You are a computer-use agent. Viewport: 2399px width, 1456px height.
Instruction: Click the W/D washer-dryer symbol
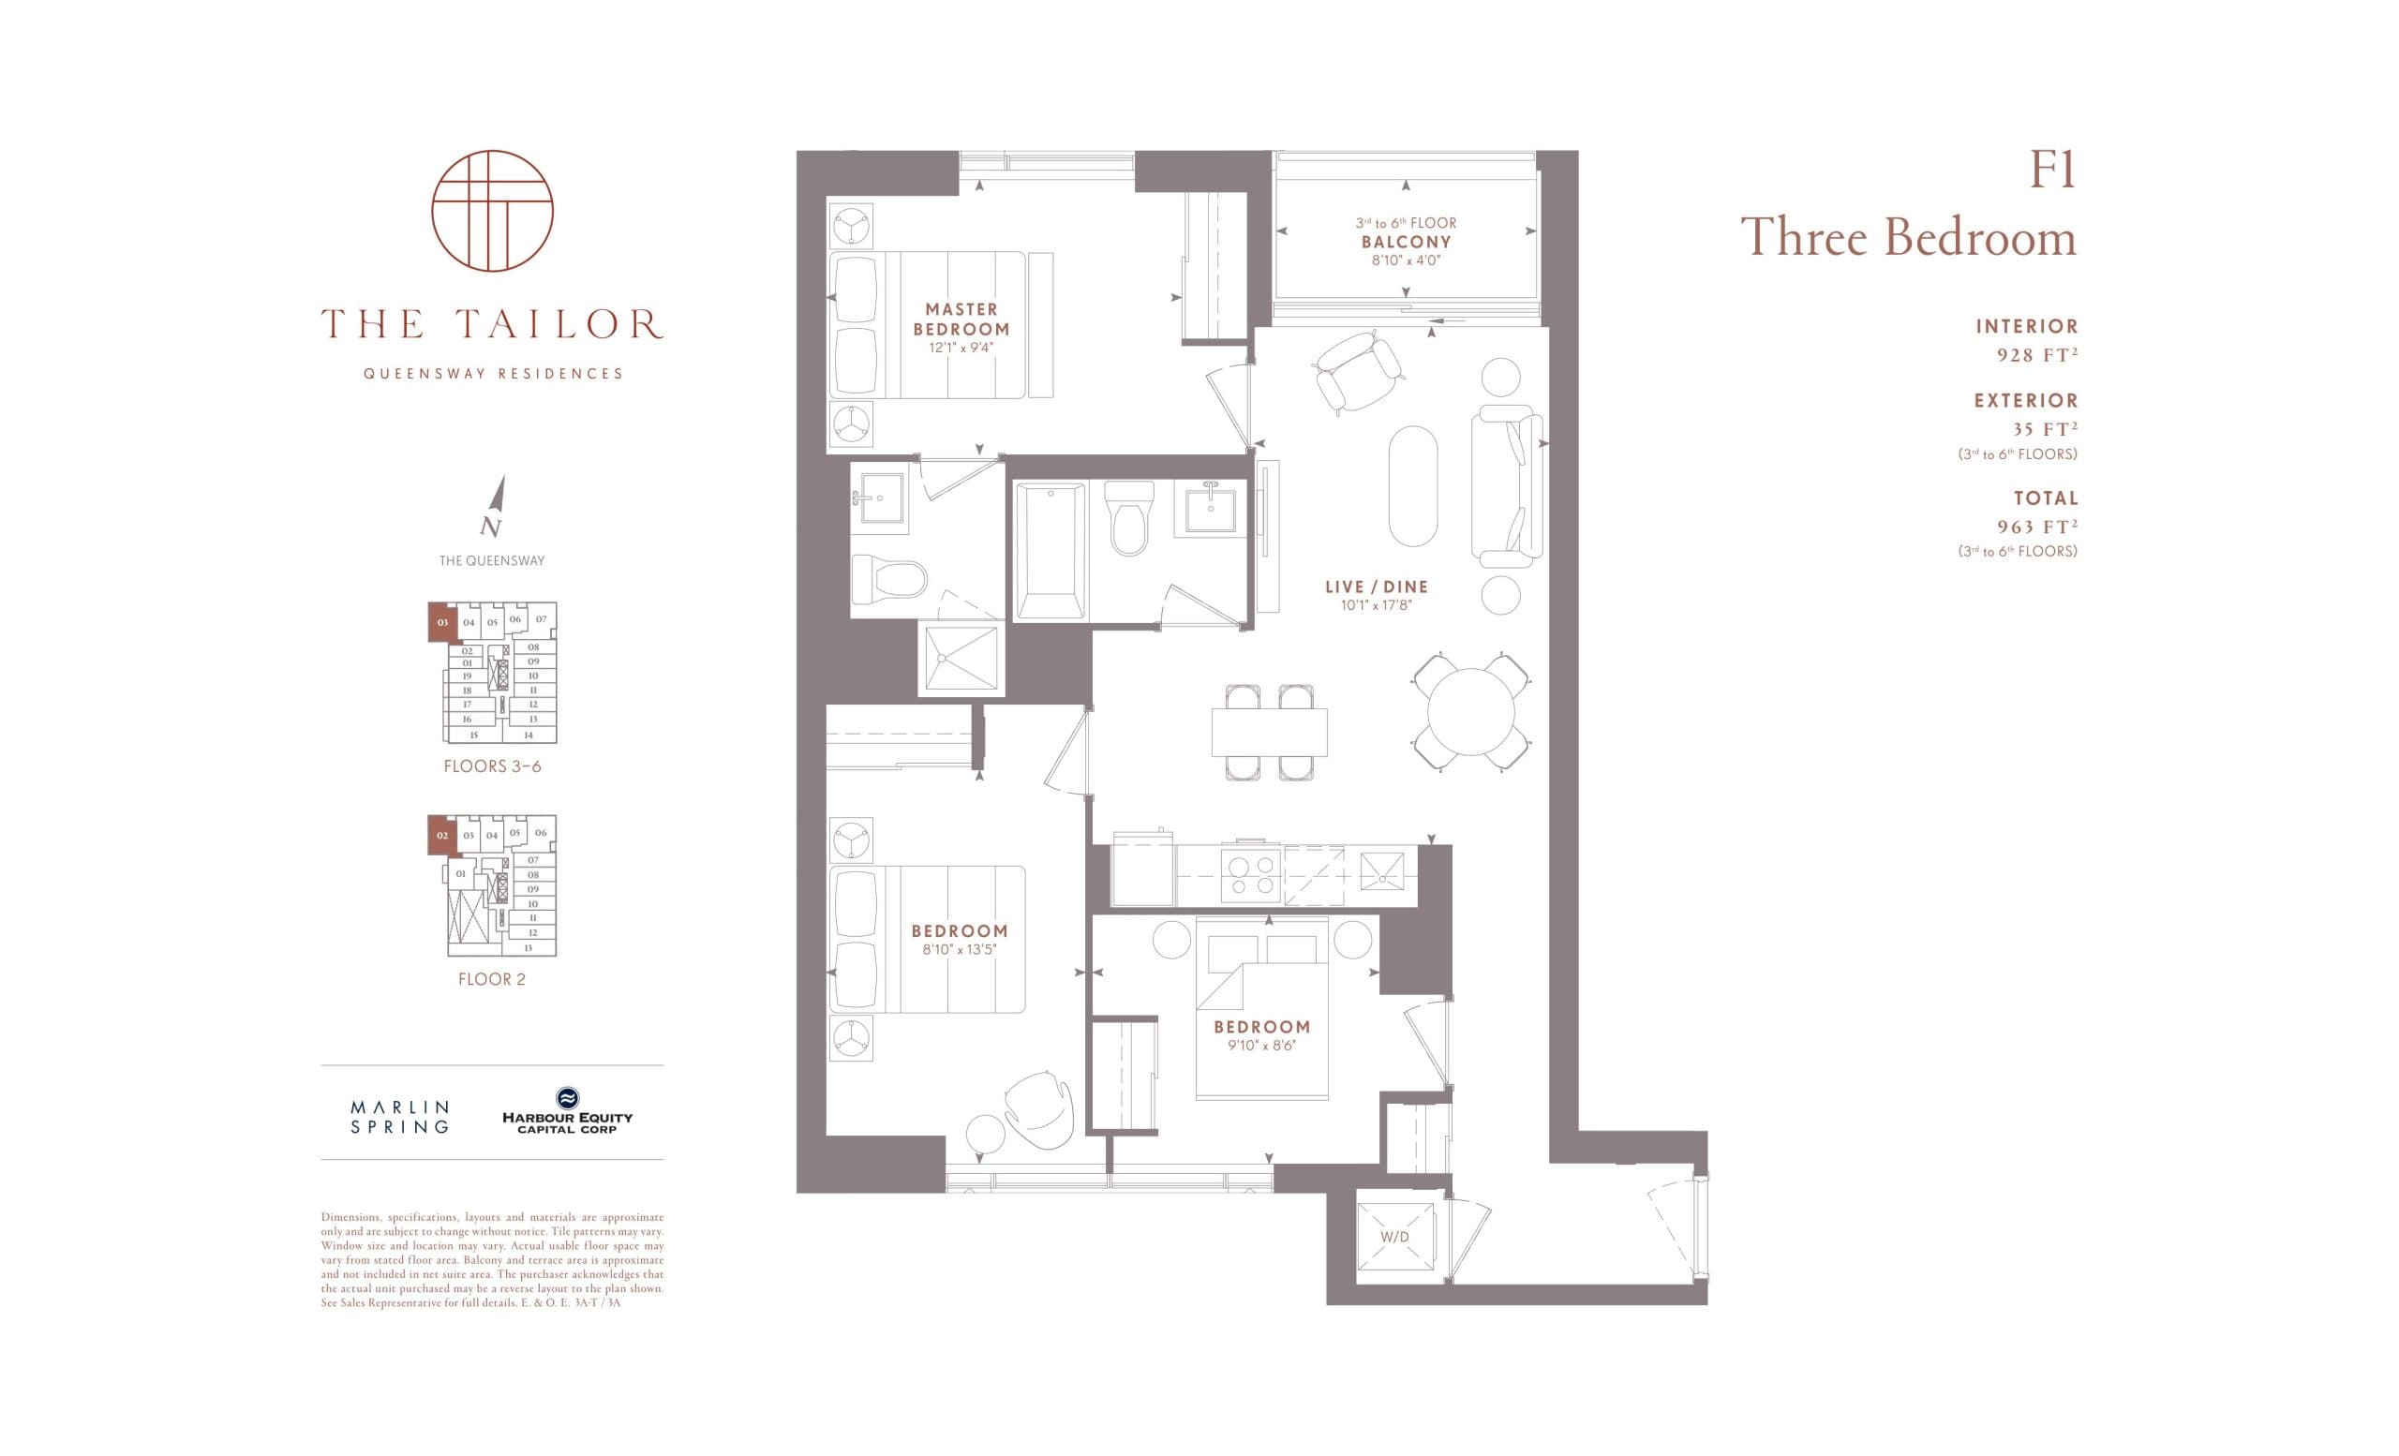1394,1236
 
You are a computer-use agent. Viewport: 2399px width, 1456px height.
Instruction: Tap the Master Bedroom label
961,319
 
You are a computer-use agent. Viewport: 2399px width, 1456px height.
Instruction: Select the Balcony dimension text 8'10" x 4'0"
1405,260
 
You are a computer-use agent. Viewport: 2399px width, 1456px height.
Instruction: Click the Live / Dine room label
1377,587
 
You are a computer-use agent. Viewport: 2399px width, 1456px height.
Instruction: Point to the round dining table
1470,711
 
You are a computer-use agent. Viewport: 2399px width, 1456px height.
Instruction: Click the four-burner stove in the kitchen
1250,874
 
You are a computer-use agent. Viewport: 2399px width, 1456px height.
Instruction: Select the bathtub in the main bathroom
1050,550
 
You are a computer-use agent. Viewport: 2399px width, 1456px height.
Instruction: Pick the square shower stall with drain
961,659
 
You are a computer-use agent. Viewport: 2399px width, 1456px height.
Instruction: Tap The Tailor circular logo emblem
493,211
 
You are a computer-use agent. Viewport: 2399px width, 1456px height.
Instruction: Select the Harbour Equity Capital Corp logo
567,1111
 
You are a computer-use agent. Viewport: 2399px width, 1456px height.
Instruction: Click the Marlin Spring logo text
400,1118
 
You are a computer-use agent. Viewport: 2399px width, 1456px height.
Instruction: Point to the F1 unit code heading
2051,171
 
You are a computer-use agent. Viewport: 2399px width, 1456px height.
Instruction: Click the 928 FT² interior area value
2037,355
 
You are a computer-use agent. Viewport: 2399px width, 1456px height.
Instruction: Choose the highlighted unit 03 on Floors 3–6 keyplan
443,622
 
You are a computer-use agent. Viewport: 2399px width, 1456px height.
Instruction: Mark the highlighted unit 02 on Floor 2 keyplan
442,835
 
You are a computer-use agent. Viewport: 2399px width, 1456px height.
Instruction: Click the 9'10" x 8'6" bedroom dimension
1261,1046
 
